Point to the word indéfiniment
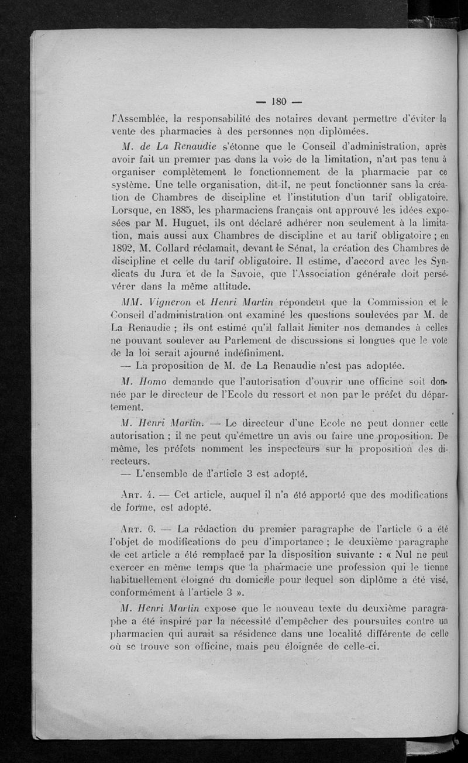[x=232, y=352]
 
